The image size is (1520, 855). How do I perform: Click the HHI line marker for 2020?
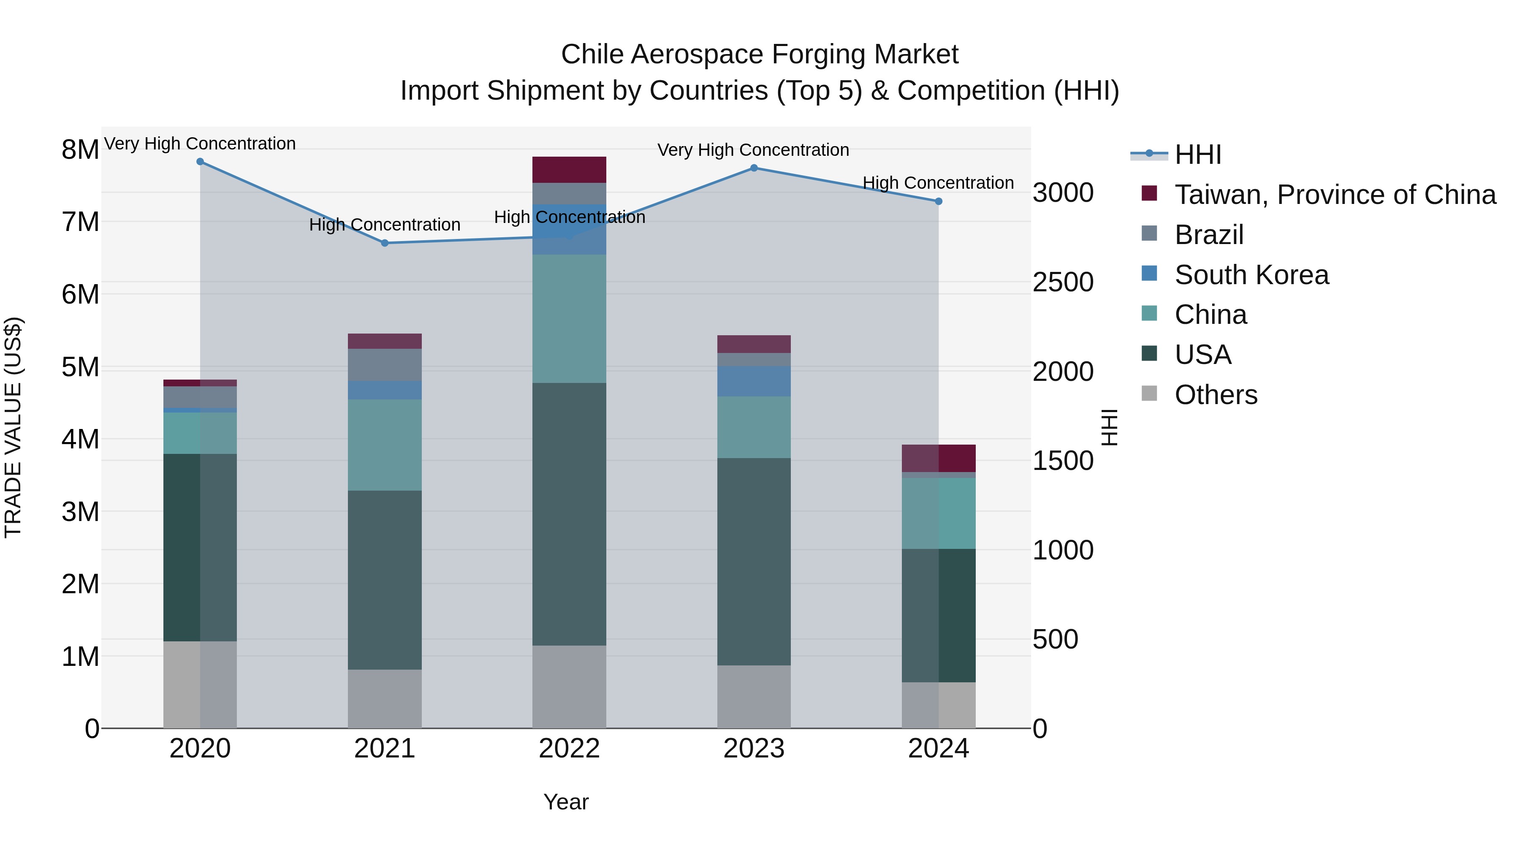click(x=200, y=162)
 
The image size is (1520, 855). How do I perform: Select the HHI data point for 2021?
click(x=385, y=243)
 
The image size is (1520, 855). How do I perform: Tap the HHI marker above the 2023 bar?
click(x=754, y=168)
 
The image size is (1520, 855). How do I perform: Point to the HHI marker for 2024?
click(x=939, y=201)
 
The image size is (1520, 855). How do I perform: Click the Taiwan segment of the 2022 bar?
click(x=570, y=170)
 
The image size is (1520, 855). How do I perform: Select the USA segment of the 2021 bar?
click(x=385, y=580)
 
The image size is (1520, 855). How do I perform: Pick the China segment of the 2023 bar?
click(x=754, y=427)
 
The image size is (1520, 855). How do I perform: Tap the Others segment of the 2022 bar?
click(x=570, y=687)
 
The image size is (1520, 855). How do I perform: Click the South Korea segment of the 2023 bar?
click(x=754, y=381)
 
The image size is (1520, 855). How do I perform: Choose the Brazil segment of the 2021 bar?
click(x=385, y=365)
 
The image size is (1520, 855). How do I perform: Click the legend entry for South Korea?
click(x=1251, y=275)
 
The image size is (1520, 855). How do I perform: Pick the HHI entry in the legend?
click(x=1197, y=155)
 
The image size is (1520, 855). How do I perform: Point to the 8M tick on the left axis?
click(x=80, y=150)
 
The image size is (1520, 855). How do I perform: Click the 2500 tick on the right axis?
click(x=1063, y=282)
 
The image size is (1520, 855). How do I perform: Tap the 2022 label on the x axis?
click(x=570, y=749)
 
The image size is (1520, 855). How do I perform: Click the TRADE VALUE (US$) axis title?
click(x=13, y=427)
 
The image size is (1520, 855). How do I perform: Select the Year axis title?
click(x=566, y=802)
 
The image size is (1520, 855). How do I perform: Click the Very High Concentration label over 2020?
click(x=200, y=144)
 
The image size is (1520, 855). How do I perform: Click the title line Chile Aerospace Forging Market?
click(x=760, y=54)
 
